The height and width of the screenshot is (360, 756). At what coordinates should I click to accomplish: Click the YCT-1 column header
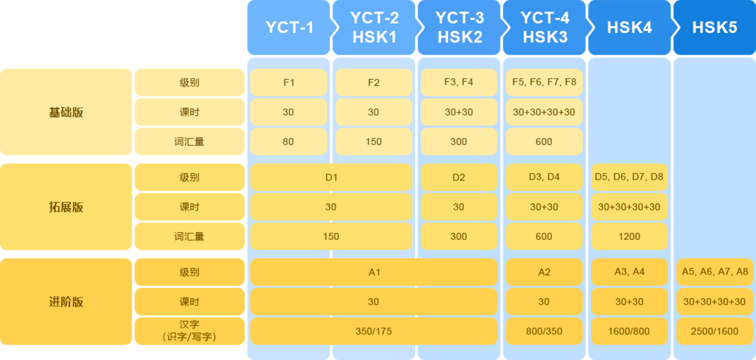pyautogui.click(x=289, y=27)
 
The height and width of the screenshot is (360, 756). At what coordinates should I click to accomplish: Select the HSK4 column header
pyautogui.click(x=629, y=27)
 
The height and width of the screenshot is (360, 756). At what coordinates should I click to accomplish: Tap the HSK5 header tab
pyautogui.click(x=715, y=27)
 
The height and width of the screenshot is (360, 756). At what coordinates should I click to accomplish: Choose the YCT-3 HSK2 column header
pyautogui.click(x=460, y=27)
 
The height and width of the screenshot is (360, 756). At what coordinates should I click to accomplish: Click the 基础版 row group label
pyautogui.click(x=66, y=112)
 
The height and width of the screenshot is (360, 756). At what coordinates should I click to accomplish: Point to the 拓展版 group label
pyautogui.click(x=66, y=207)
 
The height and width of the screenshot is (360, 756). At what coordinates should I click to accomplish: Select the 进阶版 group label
pyautogui.click(x=66, y=302)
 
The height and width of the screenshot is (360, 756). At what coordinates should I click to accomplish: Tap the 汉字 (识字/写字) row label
pyautogui.click(x=190, y=331)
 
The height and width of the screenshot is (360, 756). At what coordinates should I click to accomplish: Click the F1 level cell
pyautogui.click(x=289, y=82)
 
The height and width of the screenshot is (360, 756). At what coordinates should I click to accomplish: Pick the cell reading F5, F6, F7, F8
pyautogui.click(x=544, y=82)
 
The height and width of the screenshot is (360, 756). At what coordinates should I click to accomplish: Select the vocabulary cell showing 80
pyautogui.click(x=289, y=142)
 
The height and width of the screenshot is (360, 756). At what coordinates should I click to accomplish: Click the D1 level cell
pyautogui.click(x=331, y=177)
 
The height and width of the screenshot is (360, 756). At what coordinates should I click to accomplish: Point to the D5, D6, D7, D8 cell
pyautogui.click(x=629, y=177)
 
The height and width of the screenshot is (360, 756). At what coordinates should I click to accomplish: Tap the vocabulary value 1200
pyautogui.click(x=629, y=236)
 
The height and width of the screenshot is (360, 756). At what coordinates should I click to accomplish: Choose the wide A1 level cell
pyautogui.click(x=374, y=272)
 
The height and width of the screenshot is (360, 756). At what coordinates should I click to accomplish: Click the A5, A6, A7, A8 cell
pyautogui.click(x=715, y=272)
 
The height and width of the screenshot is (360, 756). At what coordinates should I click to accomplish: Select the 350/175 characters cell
pyautogui.click(x=374, y=331)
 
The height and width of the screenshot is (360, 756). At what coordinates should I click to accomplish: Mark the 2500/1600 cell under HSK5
pyautogui.click(x=715, y=331)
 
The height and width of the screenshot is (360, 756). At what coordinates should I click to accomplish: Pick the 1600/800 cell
pyautogui.click(x=629, y=331)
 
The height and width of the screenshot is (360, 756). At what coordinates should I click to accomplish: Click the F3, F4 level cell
pyautogui.click(x=459, y=82)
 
